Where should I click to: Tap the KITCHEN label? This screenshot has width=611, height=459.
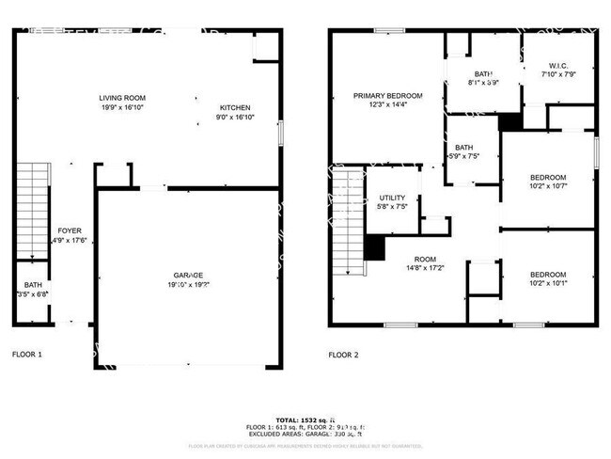click(235, 107)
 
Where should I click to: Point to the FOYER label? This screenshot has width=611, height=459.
click(70, 230)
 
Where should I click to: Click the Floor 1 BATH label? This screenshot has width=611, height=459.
click(33, 286)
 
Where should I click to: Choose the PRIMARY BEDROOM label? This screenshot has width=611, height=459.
click(387, 96)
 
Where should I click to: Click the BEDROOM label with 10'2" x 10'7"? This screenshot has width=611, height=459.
click(548, 178)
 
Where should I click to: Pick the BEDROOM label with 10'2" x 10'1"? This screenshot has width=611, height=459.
click(548, 273)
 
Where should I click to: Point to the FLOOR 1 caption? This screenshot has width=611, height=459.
click(27, 356)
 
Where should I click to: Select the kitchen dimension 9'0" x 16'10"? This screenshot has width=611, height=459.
click(235, 117)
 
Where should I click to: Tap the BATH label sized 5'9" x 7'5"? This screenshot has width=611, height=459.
click(464, 148)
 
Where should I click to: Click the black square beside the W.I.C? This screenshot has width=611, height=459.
click(510, 122)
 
